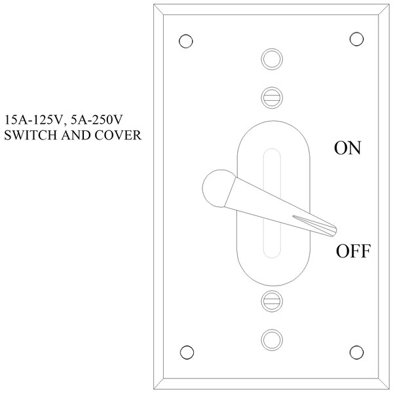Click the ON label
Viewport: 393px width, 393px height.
348,148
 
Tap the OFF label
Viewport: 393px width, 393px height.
353,251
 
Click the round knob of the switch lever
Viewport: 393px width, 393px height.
217,189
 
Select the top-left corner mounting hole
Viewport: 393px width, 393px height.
186,41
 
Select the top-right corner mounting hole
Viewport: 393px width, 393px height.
356,39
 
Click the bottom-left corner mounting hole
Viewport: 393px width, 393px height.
187,352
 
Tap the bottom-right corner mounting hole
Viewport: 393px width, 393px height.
356,352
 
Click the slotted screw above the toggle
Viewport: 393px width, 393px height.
272,98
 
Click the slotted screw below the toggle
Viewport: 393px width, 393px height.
272,301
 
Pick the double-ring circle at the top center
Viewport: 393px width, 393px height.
272,59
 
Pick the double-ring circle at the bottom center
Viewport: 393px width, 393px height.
272,340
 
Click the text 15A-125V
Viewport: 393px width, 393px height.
33,120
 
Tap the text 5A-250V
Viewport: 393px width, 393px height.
96,120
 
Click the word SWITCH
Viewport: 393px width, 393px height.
31,135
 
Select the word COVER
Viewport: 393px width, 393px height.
118,135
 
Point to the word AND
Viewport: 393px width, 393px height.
76,135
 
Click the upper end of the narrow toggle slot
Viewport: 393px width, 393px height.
272,149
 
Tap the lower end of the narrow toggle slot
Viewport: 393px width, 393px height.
272,257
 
